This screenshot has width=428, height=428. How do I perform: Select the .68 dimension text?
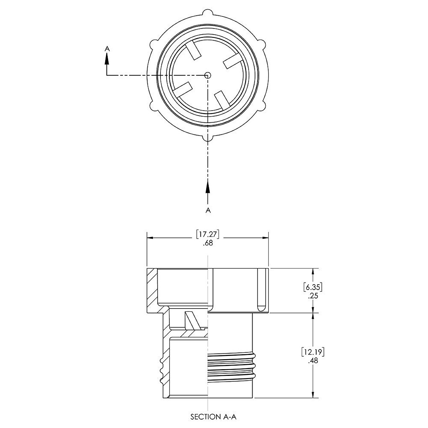pyautogui.click(x=208, y=243)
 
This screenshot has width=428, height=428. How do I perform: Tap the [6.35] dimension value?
pyautogui.click(x=313, y=287)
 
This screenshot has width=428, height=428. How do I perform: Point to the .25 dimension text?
pyautogui.click(x=313, y=296)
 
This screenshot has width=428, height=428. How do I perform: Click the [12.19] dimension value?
pyautogui.click(x=313, y=352)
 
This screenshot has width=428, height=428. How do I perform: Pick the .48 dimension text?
pyautogui.click(x=313, y=360)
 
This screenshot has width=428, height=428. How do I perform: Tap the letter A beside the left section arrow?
pyautogui.click(x=107, y=49)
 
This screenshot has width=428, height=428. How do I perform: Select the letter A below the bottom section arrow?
pyautogui.click(x=208, y=210)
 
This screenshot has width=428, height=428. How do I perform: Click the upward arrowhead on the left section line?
pyautogui.click(x=107, y=60)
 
